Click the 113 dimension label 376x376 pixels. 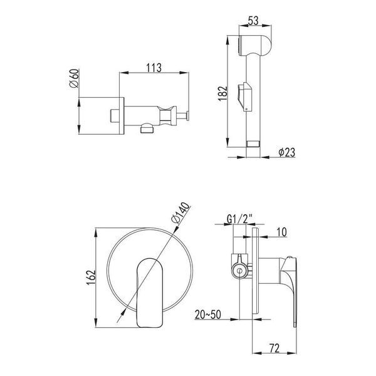(154, 68)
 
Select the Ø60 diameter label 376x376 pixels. (73, 78)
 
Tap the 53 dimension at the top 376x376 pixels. (253, 21)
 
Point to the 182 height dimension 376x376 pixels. (222, 93)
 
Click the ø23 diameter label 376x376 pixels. (287, 152)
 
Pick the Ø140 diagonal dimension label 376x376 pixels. (180, 213)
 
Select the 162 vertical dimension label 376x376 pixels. (91, 278)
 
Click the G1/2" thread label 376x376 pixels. (239, 219)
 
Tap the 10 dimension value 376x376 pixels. (281, 232)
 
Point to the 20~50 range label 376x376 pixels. (207, 315)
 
